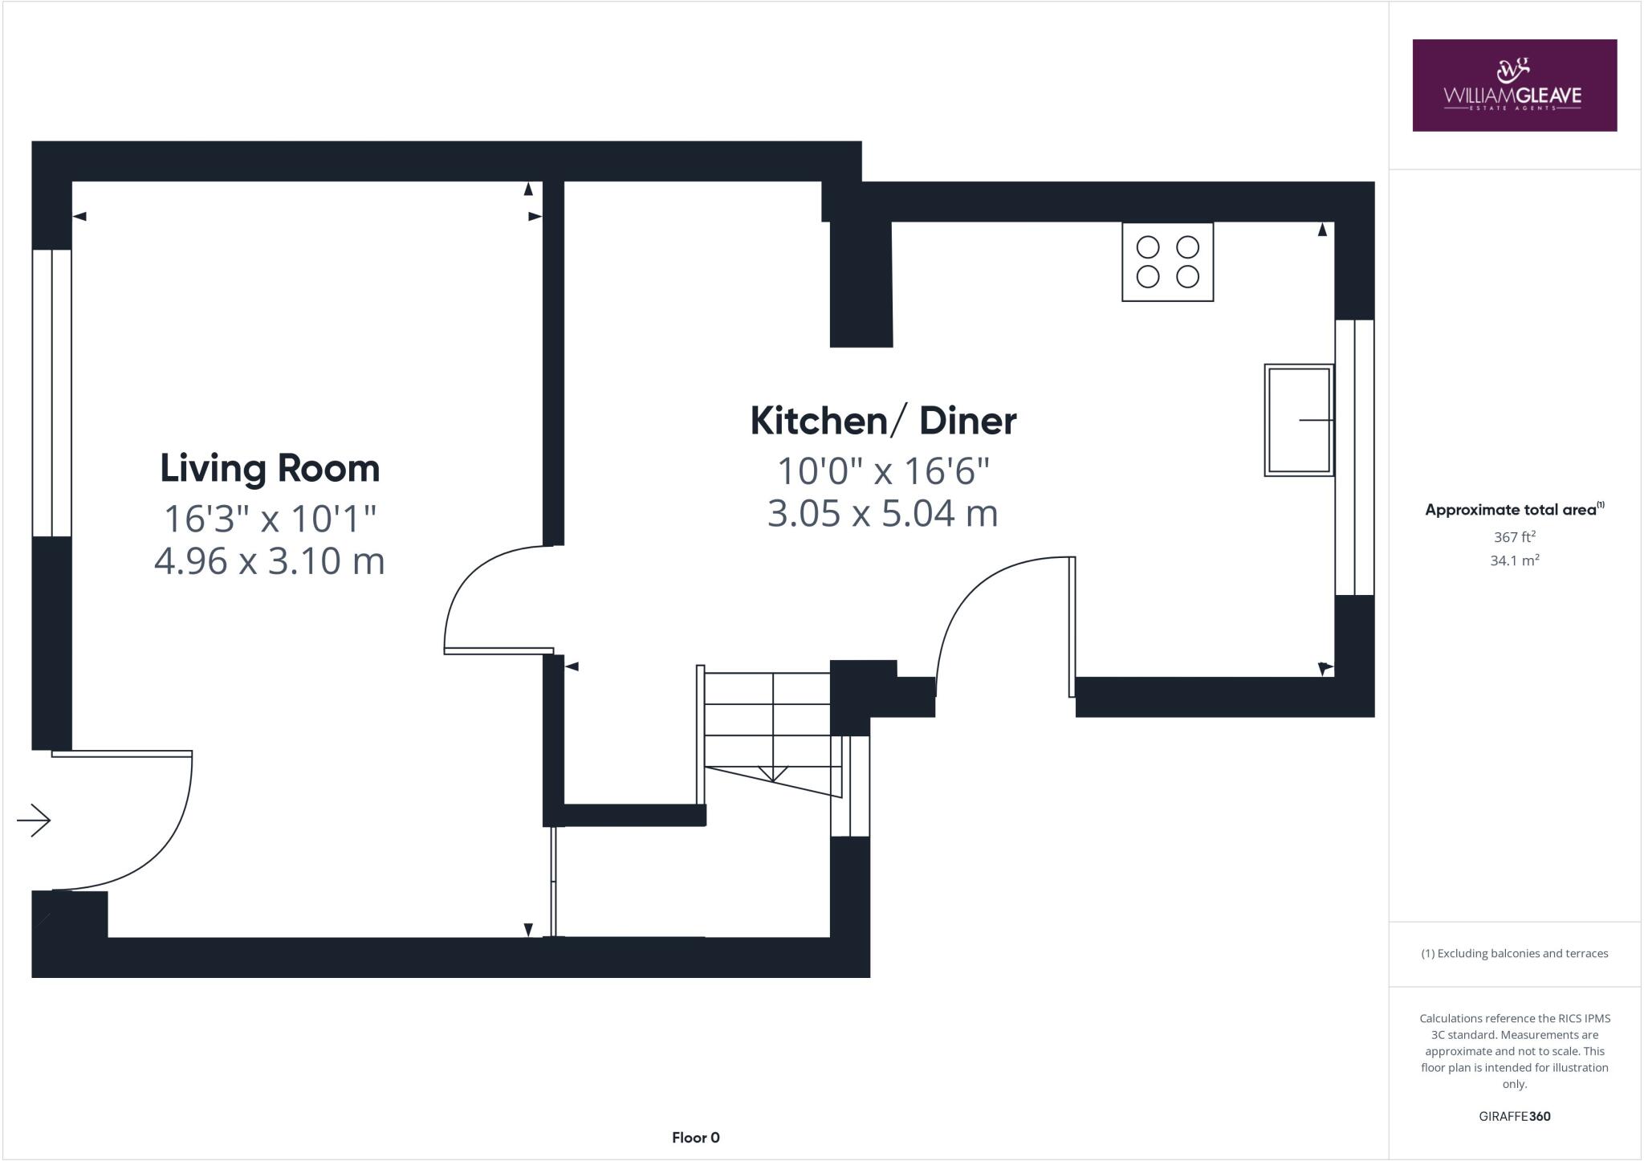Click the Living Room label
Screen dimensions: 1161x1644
(x=270, y=469)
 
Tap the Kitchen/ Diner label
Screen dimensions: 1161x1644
(x=883, y=421)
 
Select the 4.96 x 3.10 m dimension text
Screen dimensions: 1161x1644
(x=270, y=560)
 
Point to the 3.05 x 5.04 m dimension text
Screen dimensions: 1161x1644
(x=883, y=513)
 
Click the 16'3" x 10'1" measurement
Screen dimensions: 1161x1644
(x=270, y=519)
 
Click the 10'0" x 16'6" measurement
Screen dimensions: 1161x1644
(x=883, y=471)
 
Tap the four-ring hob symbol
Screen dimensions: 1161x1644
(x=1167, y=262)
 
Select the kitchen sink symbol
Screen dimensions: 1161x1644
(x=1299, y=420)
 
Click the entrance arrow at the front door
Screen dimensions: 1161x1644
(x=35, y=820)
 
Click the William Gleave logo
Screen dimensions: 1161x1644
(x=1514, y=85)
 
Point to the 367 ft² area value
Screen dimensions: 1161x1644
(x=1514, y=537)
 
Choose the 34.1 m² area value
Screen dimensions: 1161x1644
(x=1514, y=560)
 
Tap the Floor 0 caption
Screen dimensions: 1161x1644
(x=695, y=1137)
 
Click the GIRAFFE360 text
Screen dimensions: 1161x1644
(x=1514, y=1116)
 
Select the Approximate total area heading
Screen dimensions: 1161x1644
(x=1514, y=509)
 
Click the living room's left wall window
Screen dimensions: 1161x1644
(x=52, y=393)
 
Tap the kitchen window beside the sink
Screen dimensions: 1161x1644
(x=1354, y=457)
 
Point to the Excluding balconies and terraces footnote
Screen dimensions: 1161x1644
(x=1514, y=953)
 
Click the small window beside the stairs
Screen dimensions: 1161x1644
(x=850, y=785)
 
